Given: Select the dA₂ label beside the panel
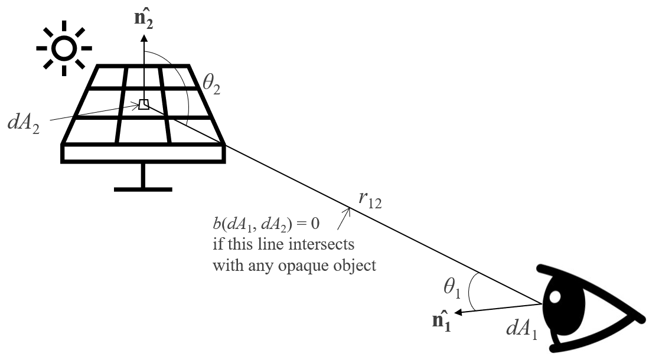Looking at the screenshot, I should pyautogui.click(x=24, y=124).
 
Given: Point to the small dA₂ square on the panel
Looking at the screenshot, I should pyautogui.click(x=143, y=105).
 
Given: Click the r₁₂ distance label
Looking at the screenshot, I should pyautogui.click(x=368, y=201).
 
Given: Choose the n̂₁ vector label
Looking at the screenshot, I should pyautogui.click(x=441, y=322).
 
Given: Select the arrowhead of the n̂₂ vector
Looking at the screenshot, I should pyautogui.click(x=143, y=41).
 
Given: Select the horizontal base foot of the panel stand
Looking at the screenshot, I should pyautogui.click(x=143, y=189).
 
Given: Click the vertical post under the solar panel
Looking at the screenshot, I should pyautogui.click(x=143, y=175).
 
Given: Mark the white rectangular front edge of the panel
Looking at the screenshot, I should pyautogui.click(x=143, y=153).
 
